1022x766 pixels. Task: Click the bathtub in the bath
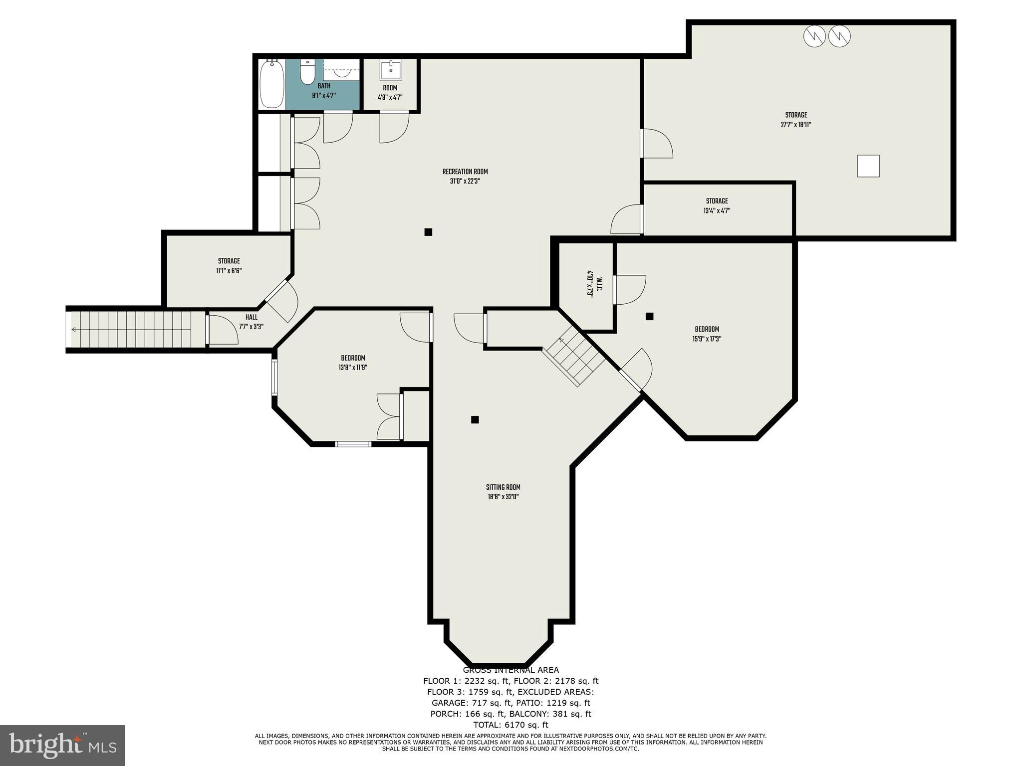(272, 83)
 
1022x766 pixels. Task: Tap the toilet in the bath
(307, 73)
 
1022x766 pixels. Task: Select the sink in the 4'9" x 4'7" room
(391, 71)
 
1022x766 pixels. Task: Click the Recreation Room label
(465, 172)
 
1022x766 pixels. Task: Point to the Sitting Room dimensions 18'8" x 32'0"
(503, 497)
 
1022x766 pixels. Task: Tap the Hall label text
(252, 317)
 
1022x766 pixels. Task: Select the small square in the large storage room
(868, 166)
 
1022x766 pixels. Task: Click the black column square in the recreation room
(428, 232)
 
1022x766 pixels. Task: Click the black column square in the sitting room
(475, 419)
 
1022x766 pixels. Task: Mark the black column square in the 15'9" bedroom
(649, 316)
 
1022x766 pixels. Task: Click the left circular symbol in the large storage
(814, 36)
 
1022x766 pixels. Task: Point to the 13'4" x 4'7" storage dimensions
(717, 210)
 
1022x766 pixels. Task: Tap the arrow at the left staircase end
(74, 330)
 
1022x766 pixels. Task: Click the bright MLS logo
(62, 745)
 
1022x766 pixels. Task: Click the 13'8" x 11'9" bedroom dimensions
(353, 368)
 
